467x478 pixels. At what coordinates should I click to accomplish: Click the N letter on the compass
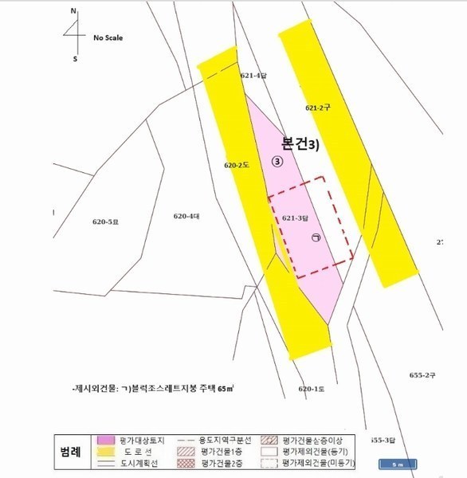click(73, 12)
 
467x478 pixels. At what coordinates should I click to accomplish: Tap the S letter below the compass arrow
click(75, 58)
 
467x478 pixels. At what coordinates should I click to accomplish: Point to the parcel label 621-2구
click(317, 106)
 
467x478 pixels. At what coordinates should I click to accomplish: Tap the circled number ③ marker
click(277, 161)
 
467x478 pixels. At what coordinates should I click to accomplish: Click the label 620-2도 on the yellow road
click(237, 166)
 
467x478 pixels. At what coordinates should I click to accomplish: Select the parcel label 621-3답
click(295, 217)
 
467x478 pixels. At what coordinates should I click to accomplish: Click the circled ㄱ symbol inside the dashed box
click(316, 237)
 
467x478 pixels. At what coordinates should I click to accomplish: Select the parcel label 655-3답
click(383, 440)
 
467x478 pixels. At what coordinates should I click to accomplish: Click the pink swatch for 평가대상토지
click(107, 440)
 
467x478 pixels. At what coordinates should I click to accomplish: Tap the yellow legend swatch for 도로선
click(107, 451)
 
